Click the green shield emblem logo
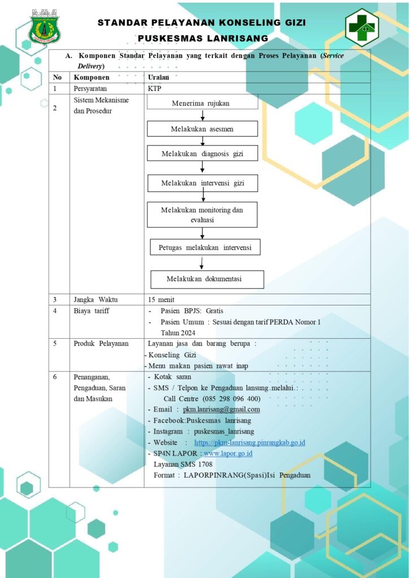click(45, 26)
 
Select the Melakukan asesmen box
click(202, 129)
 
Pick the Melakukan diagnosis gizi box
click(202, 154)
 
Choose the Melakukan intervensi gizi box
click(202, 183)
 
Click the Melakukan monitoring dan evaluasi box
click(202, 214)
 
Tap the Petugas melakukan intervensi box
click(205, 247)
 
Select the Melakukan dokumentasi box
click(207, 279)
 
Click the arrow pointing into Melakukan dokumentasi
click(202, 262)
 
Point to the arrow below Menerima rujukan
click(202, 115)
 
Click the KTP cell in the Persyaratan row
click(153, 89)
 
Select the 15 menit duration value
click(161, 299)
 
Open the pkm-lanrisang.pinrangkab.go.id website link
click(250, 443)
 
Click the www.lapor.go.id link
click(228, 453)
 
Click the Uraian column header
click(158, 77)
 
